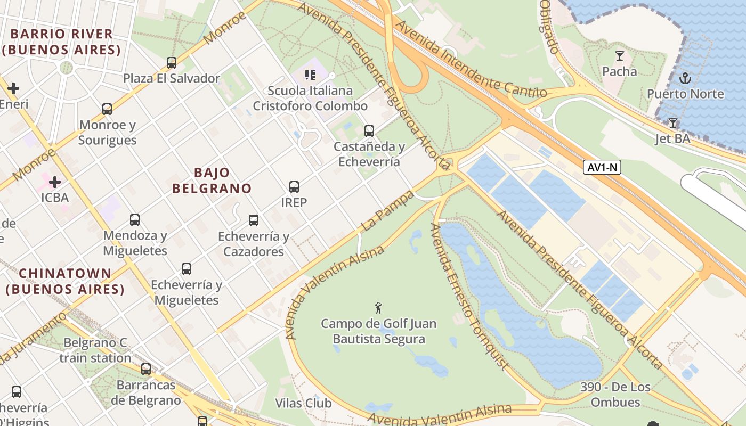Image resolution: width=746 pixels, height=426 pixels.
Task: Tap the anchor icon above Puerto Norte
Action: pyautogui.click(x=685, y=79)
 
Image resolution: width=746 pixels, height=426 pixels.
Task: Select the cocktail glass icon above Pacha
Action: pyautogui.click(x=619, y=56)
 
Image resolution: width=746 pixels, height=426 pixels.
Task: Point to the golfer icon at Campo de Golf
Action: pyautogui.click(x=378, y=308)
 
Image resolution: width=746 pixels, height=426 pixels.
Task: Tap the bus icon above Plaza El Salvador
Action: pyautogui.click(x=172, y=63)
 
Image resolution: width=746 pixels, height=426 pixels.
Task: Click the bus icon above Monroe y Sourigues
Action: pyautogui.click(x=107, y=109)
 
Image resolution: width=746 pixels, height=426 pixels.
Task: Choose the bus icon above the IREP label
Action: pyautogui.click(x=294, y=187)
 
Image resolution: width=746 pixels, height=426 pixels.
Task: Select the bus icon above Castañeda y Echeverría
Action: pyautogui.click(x=369, y=130)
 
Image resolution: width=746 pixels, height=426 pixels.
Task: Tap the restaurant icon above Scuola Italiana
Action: pyautogui.click(x=310, y=75)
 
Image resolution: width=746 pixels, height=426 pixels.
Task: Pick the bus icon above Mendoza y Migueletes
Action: pyautogui.click(x=135, y=220)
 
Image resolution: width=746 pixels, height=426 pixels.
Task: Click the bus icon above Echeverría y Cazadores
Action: pyautogui.click(x=254, y=220)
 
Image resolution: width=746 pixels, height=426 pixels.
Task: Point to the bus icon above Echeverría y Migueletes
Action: pyautogui.click(x=186, y=269)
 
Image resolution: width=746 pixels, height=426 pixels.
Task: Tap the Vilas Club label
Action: pyautogui.click(x=303, y=403)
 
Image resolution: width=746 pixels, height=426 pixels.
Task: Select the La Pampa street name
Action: pyautogui.click(x=388, y=211)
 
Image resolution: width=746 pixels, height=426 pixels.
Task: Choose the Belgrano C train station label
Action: pyautogui.click(x=95, y=350)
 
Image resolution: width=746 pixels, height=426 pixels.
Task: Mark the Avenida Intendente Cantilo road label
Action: pyautogui.click(x=471, y=60)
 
